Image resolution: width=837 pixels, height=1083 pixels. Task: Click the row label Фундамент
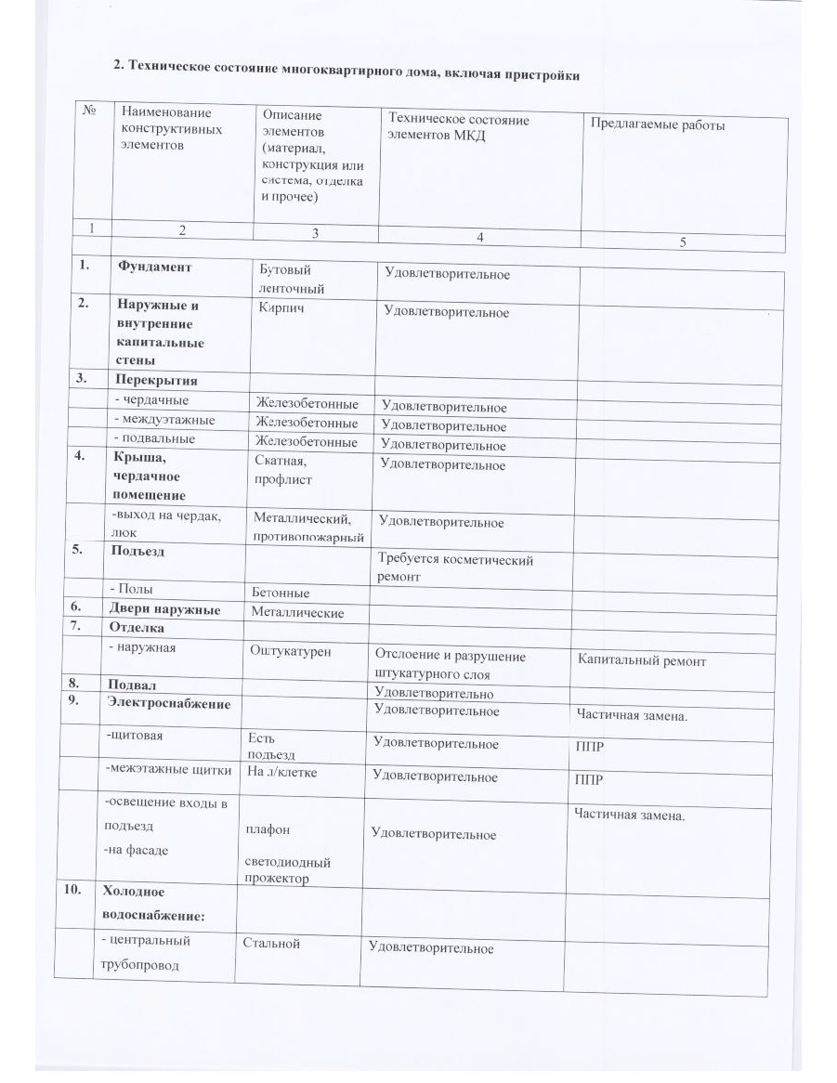point(154,267)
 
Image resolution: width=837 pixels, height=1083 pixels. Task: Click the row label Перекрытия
point(156,380)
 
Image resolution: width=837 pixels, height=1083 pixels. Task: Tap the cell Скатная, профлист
point(282,470)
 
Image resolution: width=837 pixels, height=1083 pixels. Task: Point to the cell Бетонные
point(281,593)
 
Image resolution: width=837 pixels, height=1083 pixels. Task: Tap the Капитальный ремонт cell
point(641,661)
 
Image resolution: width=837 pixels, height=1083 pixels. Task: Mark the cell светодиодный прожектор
point(288,869)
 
